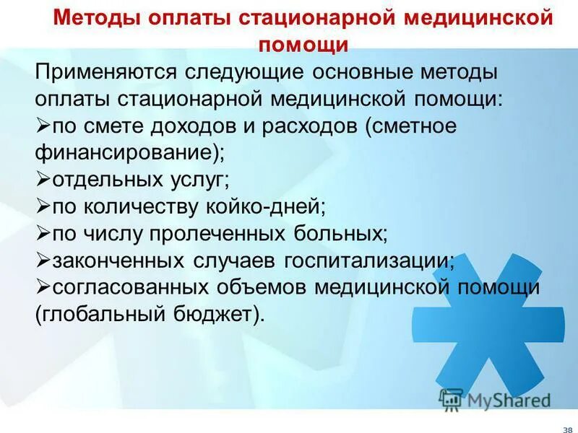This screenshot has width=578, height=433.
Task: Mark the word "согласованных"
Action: [127, 287]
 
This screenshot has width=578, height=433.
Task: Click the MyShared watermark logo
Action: [495, 399]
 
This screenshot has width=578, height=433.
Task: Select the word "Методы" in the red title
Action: [93, 17]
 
